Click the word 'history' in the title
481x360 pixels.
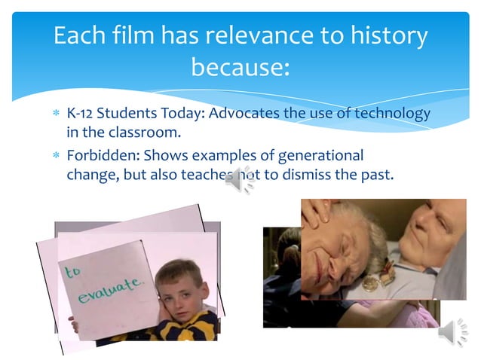381,35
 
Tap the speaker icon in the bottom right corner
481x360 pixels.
453,332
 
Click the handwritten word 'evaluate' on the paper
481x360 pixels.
110,290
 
